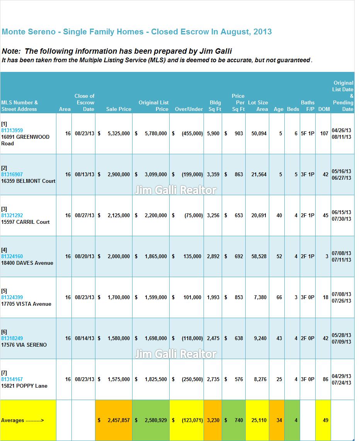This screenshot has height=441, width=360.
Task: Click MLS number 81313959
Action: tap(12, 130)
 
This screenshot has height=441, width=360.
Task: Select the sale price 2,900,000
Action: tap(119, 174)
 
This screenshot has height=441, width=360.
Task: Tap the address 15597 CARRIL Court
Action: tap(25, 222)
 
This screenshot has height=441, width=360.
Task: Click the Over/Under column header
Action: tap(189, 109)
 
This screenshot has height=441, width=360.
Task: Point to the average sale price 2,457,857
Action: tap(119, 420)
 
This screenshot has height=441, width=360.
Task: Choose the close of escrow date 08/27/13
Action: tap(84, 215)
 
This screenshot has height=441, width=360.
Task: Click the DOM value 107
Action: tap(324, 133)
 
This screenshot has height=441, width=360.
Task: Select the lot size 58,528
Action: tap(259, 256)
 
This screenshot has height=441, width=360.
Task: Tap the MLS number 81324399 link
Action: tap(12, 297)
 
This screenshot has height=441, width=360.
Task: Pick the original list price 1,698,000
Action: tap(156, 338)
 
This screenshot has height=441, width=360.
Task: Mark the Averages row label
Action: tap(22, 421)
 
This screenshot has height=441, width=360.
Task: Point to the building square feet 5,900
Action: tap(213, 133)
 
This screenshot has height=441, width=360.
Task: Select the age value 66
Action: tap(279, 297)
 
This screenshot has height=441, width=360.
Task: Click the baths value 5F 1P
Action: tap(307, 133)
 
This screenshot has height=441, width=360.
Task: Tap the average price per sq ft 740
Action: tap(239, 420)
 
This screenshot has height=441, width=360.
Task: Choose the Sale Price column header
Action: tap(119, 109)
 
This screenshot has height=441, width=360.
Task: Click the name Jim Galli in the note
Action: tap(216, 51)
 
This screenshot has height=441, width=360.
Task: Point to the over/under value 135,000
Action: tap(192, 256)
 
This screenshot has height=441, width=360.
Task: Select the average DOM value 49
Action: tap(326, 420)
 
